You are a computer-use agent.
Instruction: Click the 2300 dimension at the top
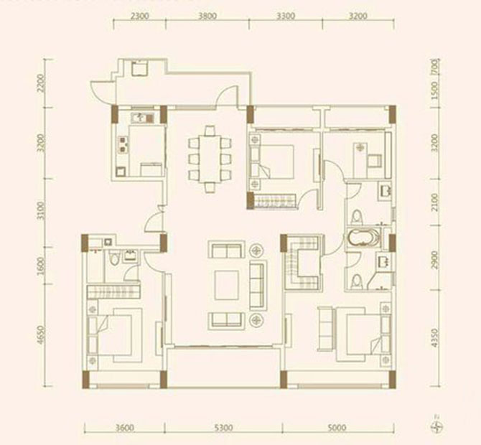(x=141, y=15)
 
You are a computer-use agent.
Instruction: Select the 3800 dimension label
(x=208, y=15)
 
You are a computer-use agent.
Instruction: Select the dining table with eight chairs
(x=210, y=159)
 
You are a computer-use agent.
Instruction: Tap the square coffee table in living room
(x=226, y=286)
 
